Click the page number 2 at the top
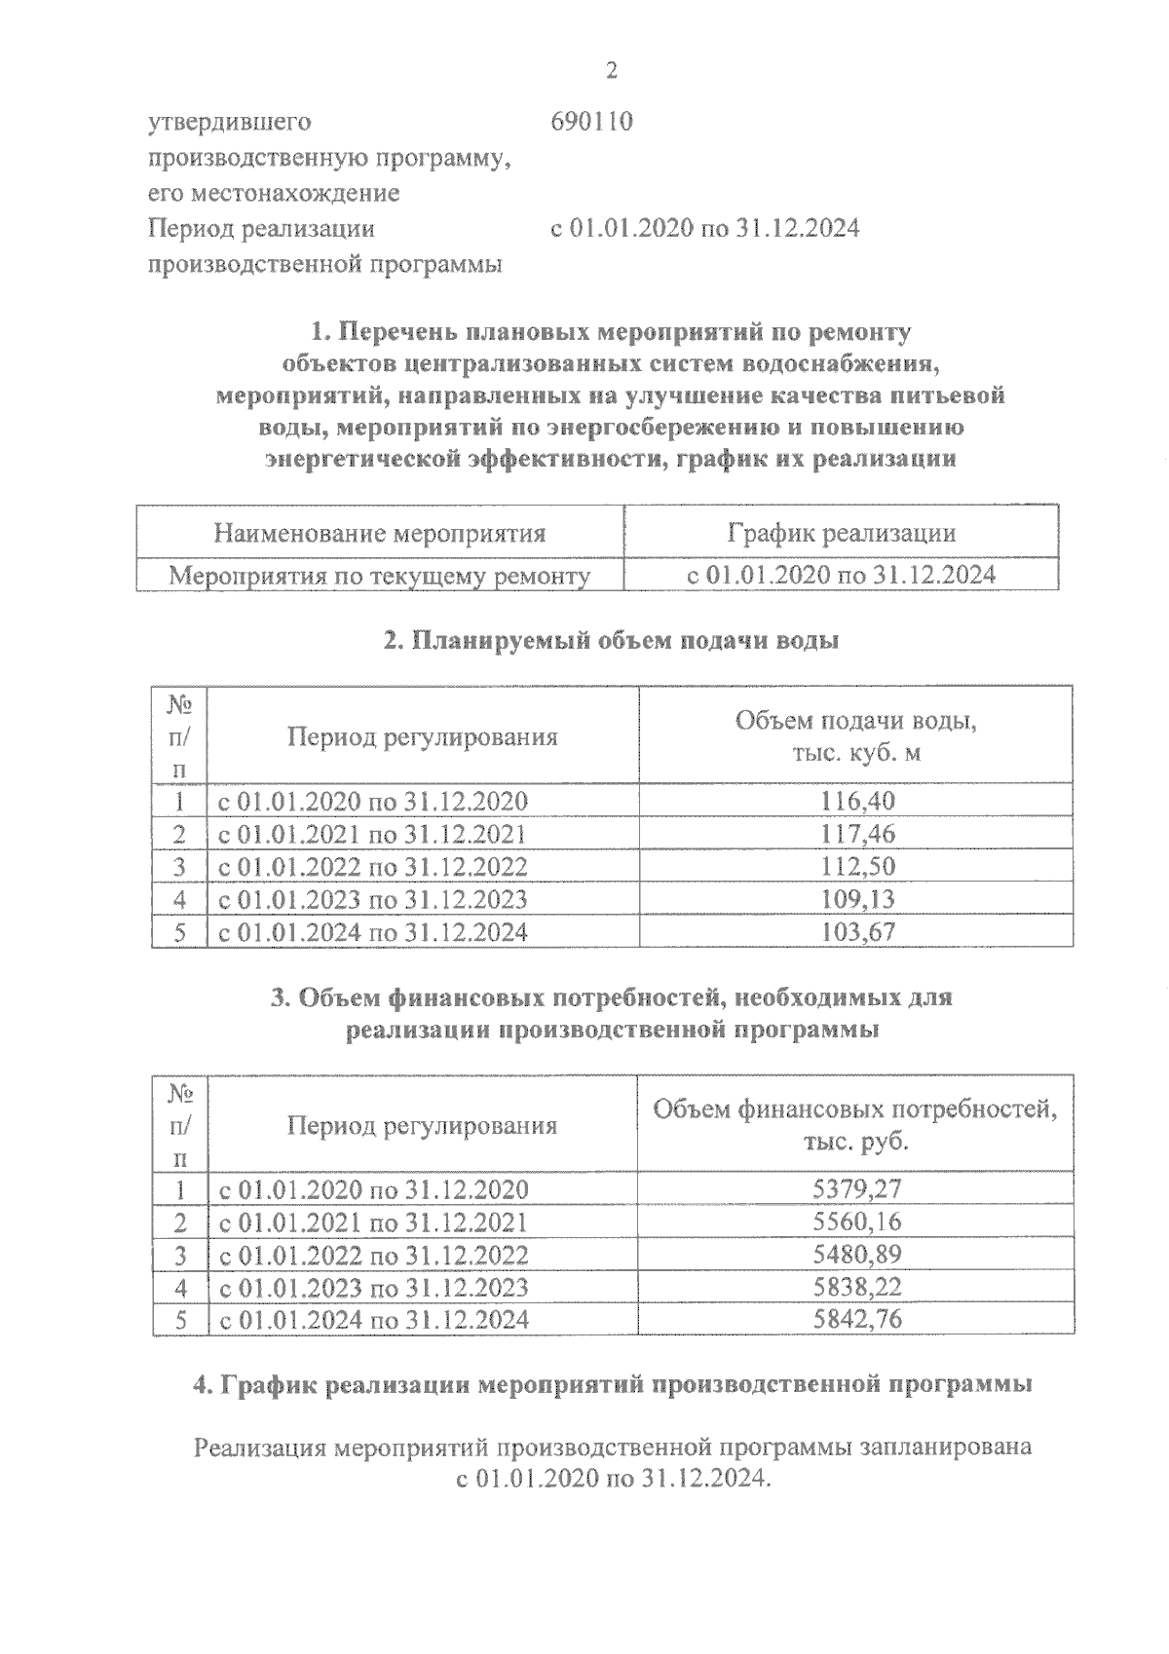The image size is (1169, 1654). (611, 70)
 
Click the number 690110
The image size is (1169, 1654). (591, 123)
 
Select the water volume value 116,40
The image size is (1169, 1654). (857, 801)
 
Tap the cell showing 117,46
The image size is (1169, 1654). (857, 834)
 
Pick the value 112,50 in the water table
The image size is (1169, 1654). (857, 866)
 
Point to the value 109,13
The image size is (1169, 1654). (857, 899)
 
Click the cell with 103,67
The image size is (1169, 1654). (857, 931)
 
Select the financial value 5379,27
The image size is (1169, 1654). (857, 1188)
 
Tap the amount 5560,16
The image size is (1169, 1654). (857, 1222)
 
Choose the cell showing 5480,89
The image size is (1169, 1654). (857, 1254)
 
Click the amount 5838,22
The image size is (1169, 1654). (857, 1287)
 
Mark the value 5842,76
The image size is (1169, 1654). (857, 1319)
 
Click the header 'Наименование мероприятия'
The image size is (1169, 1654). (379, 533)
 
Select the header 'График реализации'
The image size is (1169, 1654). (841, 533)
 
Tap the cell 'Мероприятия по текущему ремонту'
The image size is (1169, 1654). (379, 576)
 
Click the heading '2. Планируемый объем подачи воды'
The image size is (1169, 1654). (611, 641)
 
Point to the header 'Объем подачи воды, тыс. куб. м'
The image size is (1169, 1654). (855, 736)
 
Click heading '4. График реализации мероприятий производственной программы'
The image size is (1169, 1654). (613, 1383)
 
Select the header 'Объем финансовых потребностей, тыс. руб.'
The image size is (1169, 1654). (855, 1124)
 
